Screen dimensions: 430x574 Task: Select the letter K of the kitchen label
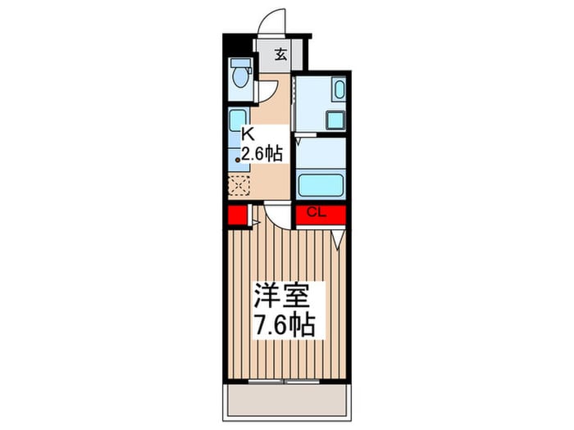[x=247, y=134]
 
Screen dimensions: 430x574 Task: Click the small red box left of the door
[x=237, y=216]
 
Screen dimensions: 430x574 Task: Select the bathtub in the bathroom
[x=321, y=184]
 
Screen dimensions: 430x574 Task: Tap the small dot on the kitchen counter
[x=239, y=161]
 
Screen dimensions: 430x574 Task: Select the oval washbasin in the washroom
[x=338, y=89]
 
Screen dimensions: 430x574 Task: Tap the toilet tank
[x=239, y=64]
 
